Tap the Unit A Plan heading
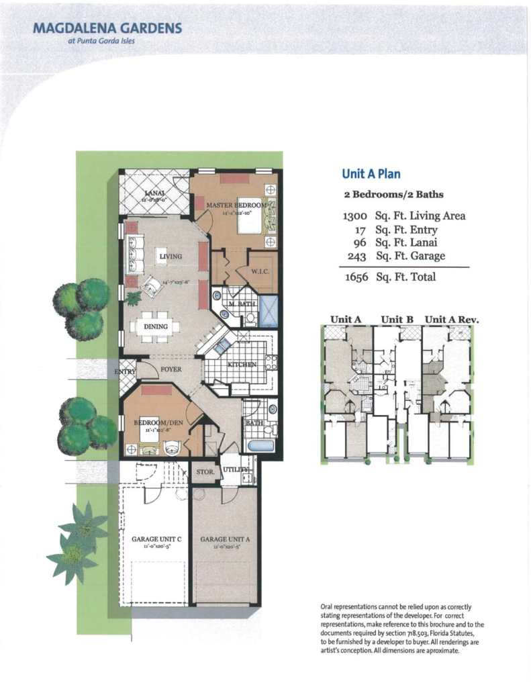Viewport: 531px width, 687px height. click(371, 174)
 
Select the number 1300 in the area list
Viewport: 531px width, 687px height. click(355, 216)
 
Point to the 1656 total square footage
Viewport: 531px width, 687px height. click(356, 277)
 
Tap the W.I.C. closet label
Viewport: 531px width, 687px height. click(260, 271)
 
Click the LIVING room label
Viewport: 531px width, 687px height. click(171, 256)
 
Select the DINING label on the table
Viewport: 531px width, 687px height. click(156, 326)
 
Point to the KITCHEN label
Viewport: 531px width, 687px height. click(242, 364)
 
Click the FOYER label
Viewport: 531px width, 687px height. click(172, 369)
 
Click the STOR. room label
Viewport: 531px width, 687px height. click(205, 471)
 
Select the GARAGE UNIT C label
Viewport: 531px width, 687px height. click(156, 539)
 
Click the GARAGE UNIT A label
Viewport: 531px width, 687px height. click(225, 539)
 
